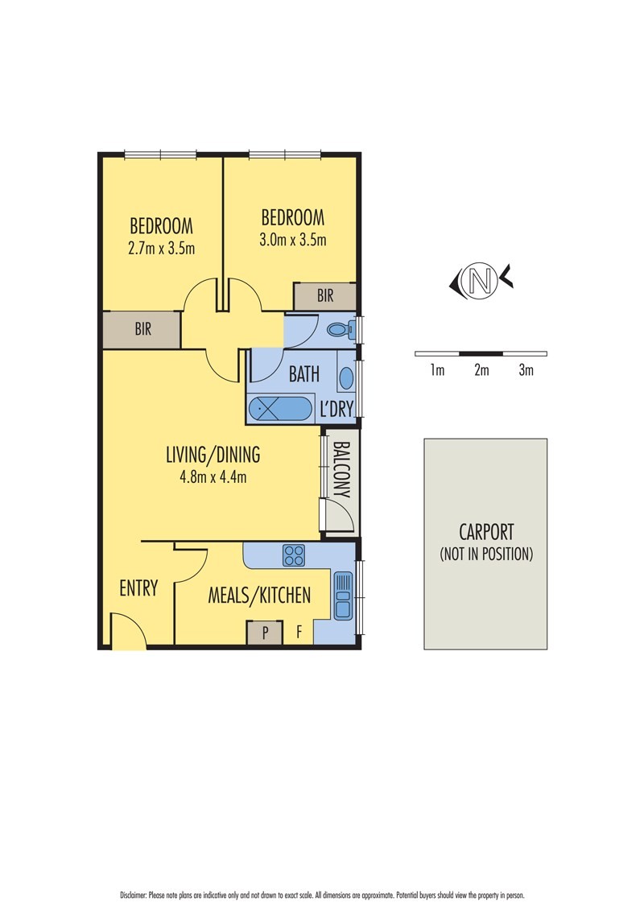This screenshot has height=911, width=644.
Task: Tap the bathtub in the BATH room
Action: click(x=279, y=409)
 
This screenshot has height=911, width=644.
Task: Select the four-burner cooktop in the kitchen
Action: click(x=293, y=554)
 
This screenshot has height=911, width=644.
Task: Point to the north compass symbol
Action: click(x=481, y=280)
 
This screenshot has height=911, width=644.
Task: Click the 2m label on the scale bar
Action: click(x=481, y=371)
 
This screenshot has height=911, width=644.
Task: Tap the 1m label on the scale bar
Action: click(x=437, y=371)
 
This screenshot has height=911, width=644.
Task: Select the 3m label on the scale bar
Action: click(x=526, y=371)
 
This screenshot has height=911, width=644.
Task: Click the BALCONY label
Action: click(x=340, y=469)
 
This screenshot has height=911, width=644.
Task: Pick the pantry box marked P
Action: click(x=266, y=633)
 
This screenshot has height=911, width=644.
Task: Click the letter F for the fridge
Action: click(x=299, y=633)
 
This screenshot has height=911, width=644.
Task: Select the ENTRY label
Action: click(x=138, y=588)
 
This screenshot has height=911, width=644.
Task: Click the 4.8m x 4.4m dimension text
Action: click(x=213, y=476)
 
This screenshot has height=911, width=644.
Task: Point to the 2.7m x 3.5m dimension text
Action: click(x=161, y=248)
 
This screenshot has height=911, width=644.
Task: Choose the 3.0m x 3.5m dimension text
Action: click(x=292, y=240)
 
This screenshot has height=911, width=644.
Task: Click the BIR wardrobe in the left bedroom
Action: click(x=142, y=330)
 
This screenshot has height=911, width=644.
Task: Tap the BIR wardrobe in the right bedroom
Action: click(x=324, y=296)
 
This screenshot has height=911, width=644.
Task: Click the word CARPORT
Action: click(x=485, y=532)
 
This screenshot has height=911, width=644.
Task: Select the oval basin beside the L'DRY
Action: click(x=345, y=378)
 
